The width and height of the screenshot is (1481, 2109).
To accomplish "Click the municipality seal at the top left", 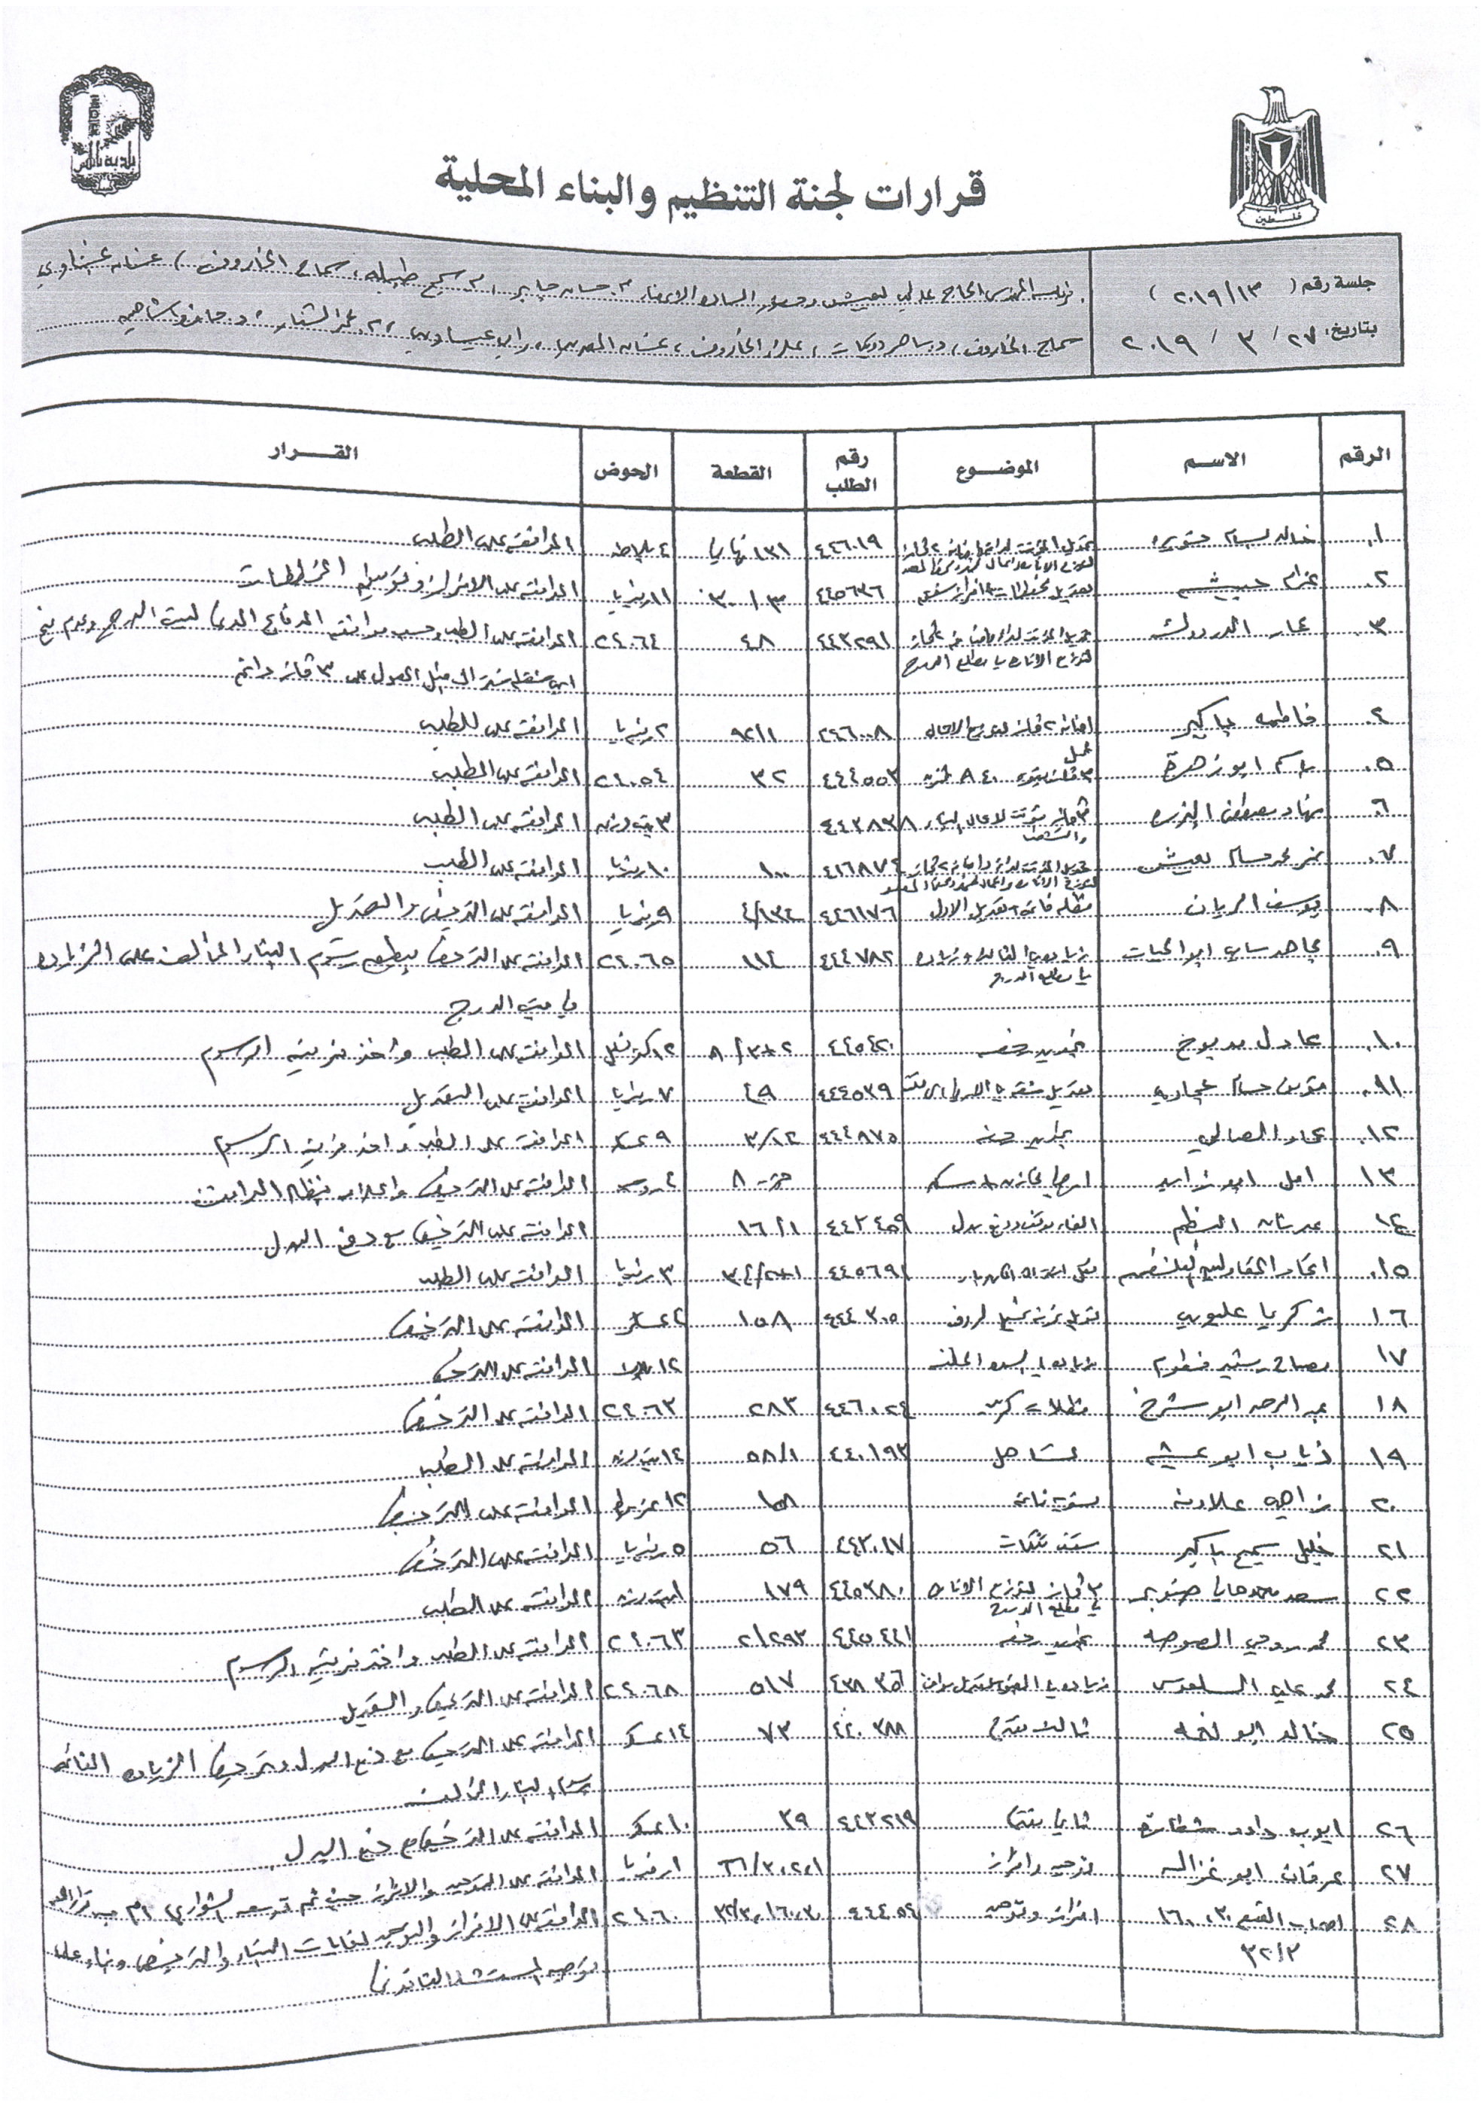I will pos(108,137).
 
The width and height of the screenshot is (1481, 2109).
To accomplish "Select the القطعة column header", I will pos(741,472).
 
